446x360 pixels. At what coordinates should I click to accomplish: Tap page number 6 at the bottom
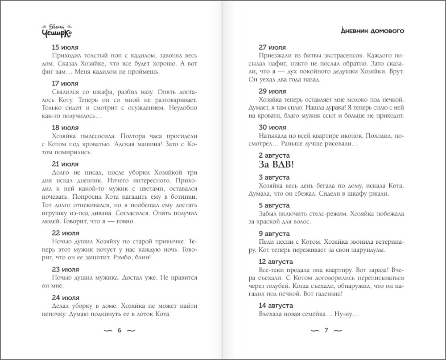click(119, 331)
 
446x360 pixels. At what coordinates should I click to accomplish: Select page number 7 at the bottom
click(326, 331)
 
